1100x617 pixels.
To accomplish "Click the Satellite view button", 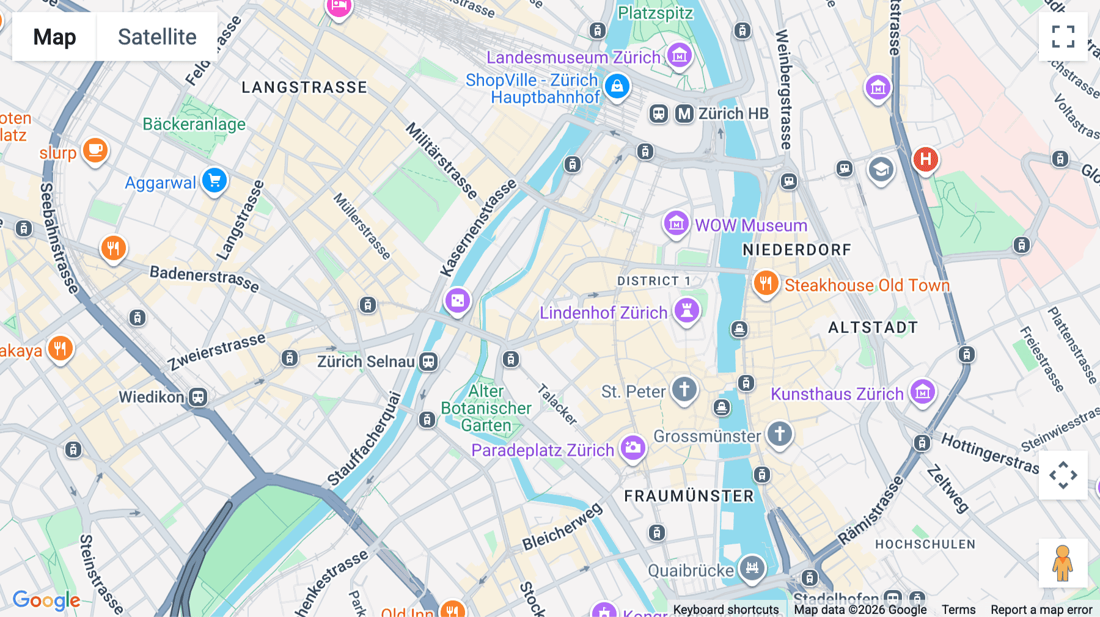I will [157, 37].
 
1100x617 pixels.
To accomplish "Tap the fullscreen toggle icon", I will [1063, 37].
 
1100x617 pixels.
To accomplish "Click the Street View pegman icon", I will [1063, 563].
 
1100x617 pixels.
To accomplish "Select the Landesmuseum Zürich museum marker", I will [679, 56].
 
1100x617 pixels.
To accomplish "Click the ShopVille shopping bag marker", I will [617, 86].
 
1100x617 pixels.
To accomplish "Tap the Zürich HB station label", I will [733, 114].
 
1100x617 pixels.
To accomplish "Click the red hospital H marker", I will [925, 159].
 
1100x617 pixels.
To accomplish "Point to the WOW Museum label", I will [751, 225].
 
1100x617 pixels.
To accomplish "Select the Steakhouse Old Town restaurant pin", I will [765, 283].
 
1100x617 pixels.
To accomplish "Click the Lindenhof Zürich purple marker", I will [686, 310].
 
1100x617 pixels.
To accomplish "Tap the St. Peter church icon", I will [684, 389].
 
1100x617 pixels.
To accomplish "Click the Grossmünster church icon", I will [779, 434].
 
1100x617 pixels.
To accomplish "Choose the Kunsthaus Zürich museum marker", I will [922, 392].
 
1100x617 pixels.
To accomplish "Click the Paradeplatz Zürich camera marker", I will [632, 447].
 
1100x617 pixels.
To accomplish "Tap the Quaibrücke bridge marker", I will [752, 568].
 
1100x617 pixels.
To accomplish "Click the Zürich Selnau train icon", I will [428, 362].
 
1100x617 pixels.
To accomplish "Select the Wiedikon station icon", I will [197, 397].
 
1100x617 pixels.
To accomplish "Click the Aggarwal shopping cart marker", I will [215, 180].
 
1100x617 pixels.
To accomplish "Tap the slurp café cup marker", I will [95, 150].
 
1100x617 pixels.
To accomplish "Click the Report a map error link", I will [1041, 610].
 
